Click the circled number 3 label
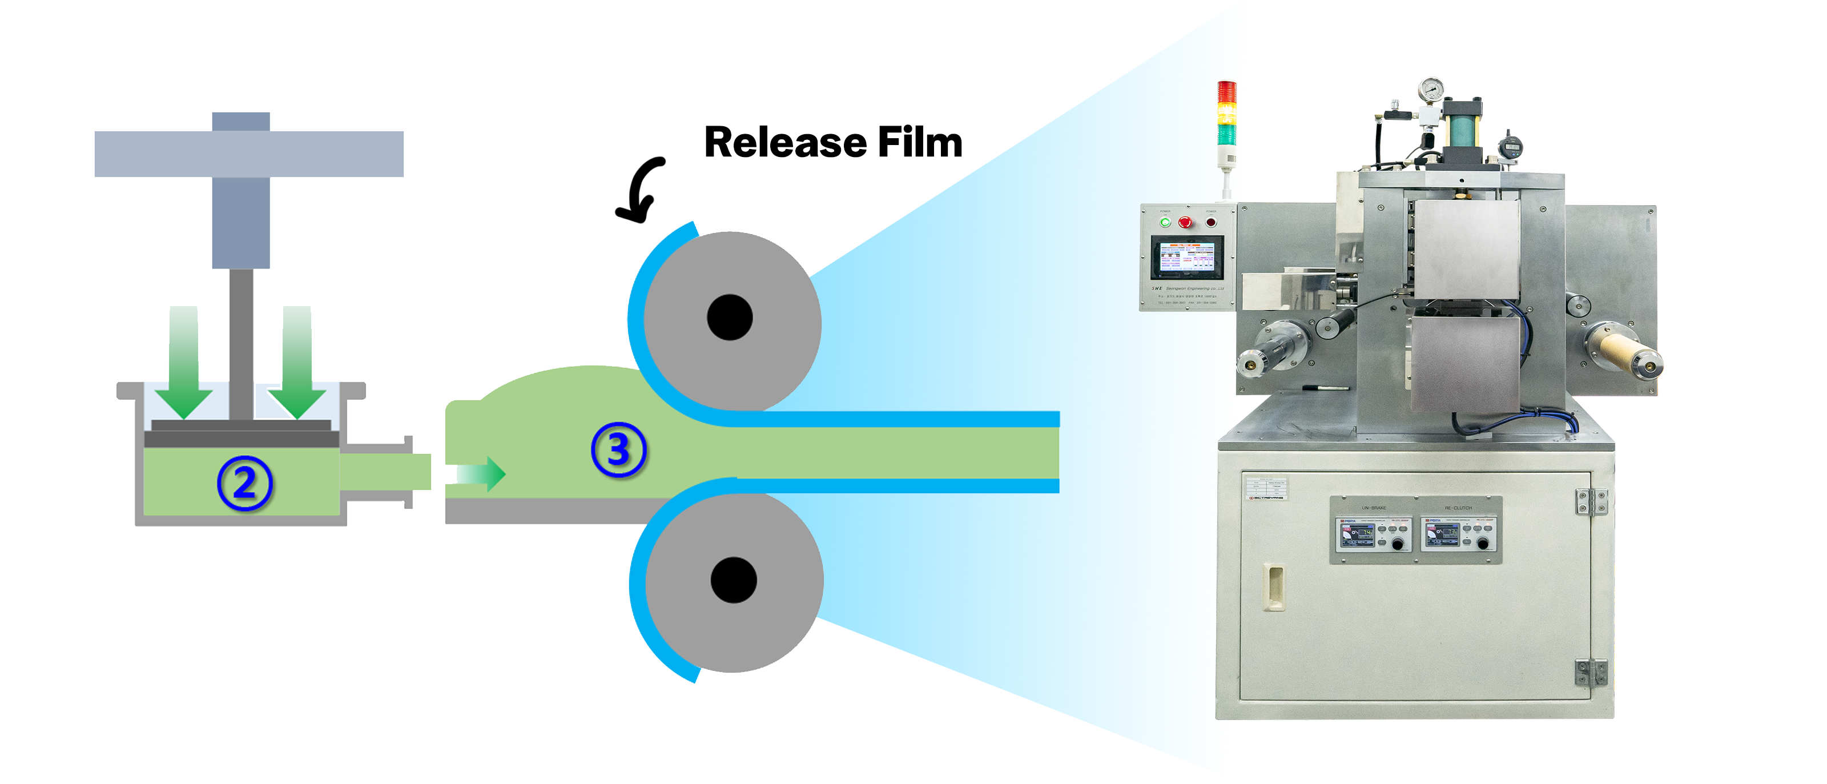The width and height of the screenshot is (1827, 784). pos(618,450)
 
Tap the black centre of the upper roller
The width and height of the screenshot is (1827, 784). pos(730,317)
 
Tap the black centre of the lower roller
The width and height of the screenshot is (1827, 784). pos(733,580)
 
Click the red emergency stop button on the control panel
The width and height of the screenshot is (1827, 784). pos(1185,223)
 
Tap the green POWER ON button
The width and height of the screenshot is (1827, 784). pos(1165,223)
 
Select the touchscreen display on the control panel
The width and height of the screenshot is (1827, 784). pos(1188,259)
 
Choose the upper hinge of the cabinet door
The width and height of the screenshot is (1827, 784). pos(1591,501)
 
